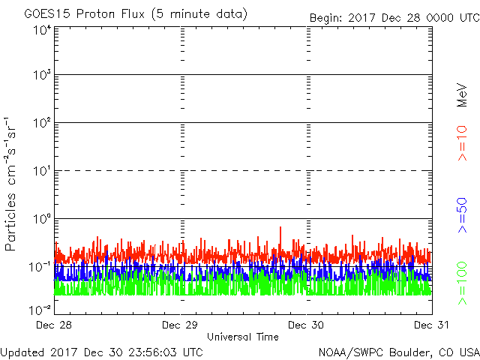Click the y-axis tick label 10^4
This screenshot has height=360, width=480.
click(42, 31)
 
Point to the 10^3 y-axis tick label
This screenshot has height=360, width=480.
click(42, 75)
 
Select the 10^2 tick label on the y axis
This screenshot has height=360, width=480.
click(42, 123)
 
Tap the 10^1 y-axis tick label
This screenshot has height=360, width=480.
click(42, 171)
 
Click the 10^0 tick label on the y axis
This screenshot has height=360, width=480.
click(42, 219)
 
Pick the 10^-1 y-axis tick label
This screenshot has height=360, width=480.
click(40, 267)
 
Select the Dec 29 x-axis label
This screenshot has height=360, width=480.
click(180, 325)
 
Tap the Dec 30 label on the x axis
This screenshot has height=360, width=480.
click(306, 325)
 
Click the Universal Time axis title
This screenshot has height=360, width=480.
click(242, 337)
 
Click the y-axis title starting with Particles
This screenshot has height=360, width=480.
click(12, 183)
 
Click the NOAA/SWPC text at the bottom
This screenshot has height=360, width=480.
click(348, 352)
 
